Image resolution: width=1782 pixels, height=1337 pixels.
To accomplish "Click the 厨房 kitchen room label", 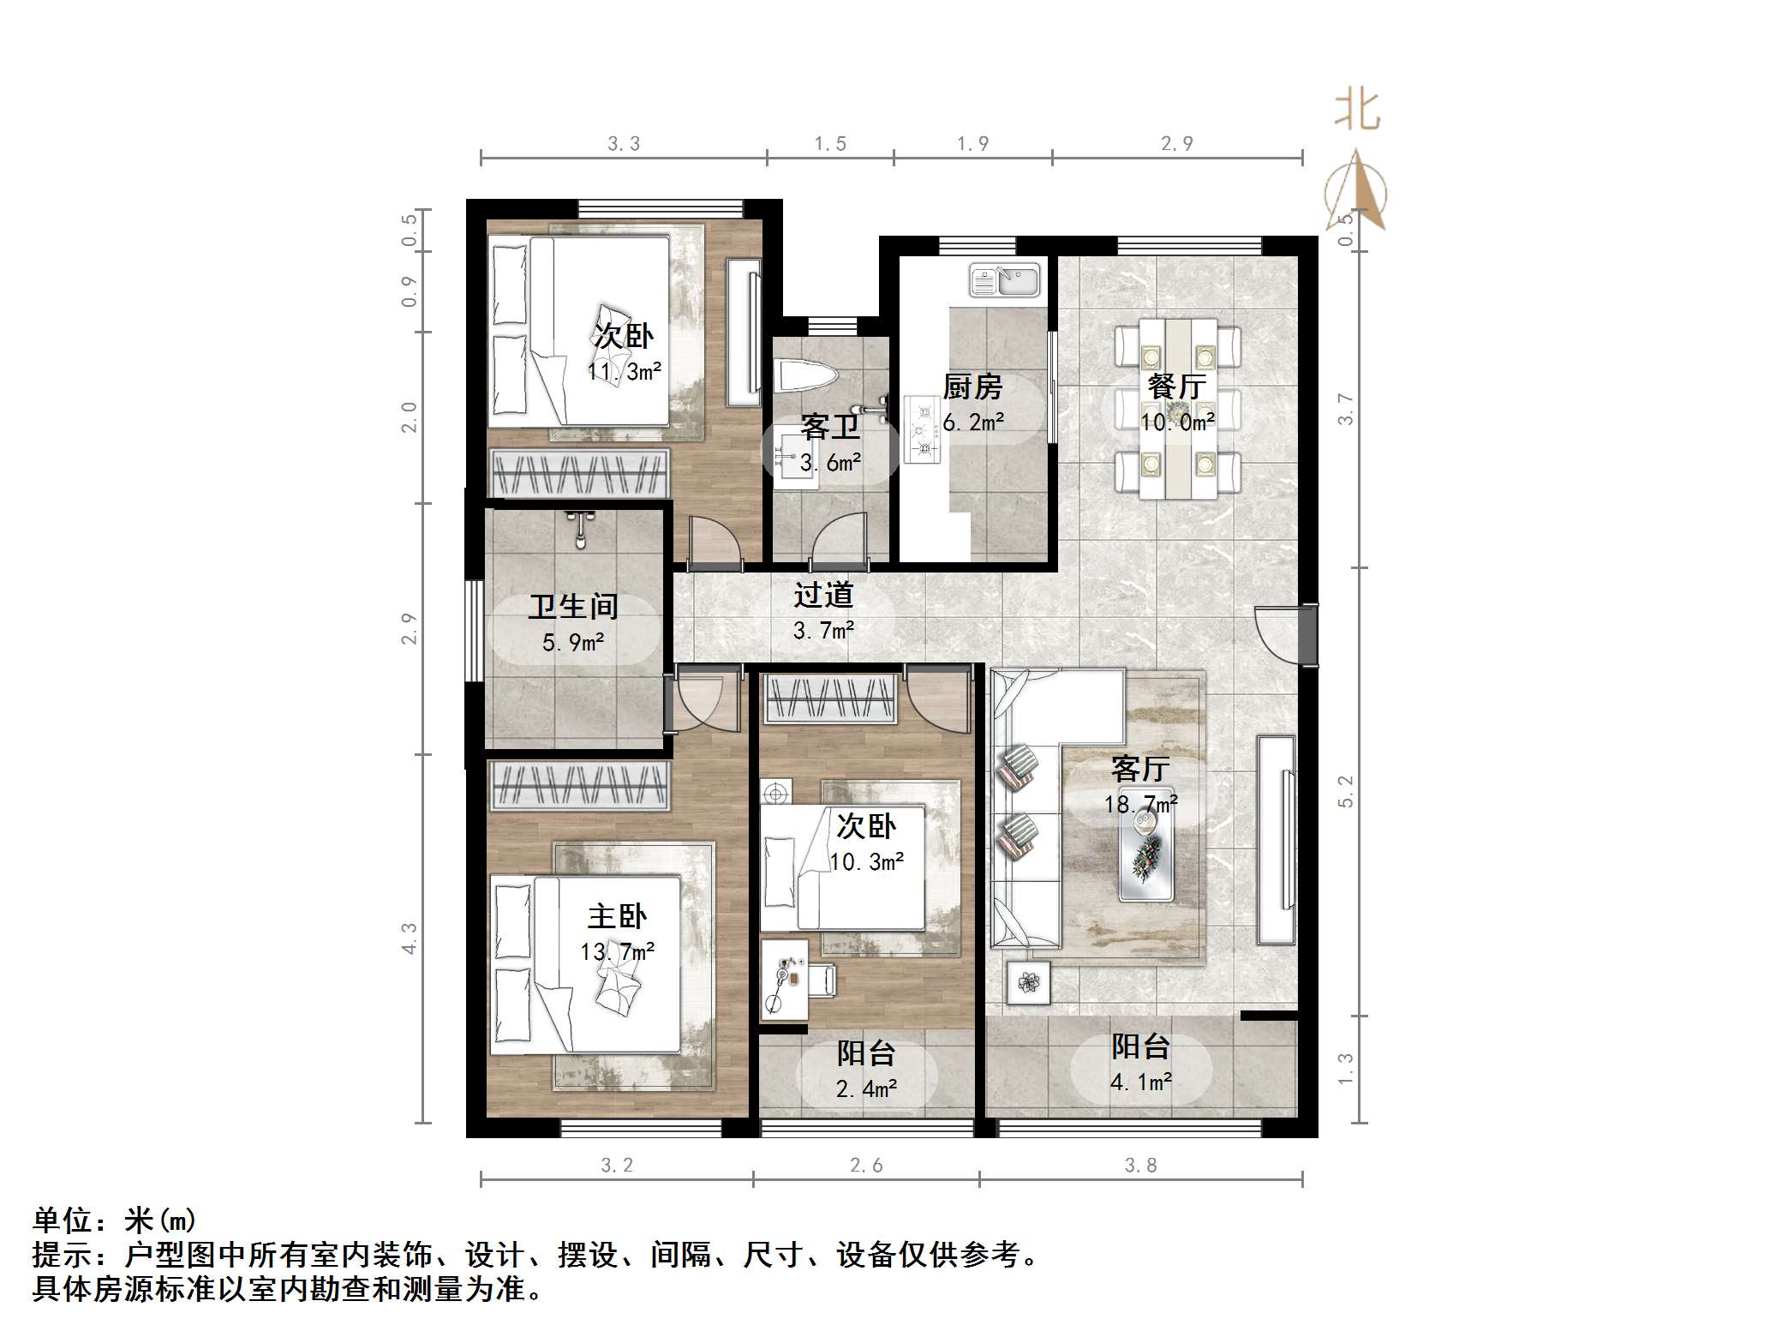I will (x=972, y=387).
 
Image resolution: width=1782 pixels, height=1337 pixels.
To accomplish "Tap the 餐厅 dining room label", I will (x=1177, y=387).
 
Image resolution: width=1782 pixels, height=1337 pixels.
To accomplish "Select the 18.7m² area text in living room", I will (x=1140, y=804).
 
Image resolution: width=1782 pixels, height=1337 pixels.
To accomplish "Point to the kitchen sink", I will (x=1004, y=279).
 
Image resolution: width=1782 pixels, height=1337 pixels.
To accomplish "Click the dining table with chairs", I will (x=1177, y=410).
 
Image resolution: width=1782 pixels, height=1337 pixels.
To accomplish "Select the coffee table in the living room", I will (x=1146, y=854).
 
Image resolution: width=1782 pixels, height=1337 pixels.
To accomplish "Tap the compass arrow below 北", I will (x=1356, y=190).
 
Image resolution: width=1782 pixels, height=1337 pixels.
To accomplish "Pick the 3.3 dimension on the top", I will (x=624, y=144).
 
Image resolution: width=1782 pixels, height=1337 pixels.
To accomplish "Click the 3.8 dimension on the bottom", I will (x=1140, y=1165).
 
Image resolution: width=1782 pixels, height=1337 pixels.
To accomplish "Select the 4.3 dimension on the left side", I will (x=410, y=938).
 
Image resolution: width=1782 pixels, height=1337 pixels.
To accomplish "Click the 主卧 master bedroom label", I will (x=617, y=917).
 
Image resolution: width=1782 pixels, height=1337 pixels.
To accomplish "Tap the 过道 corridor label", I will (x=823, y=595).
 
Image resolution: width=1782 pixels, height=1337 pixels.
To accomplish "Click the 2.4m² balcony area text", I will (x=866, y=1089).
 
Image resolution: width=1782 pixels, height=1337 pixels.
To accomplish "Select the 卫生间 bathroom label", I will (x=573, y=607).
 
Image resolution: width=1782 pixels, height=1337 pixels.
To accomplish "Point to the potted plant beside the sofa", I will (x=1028, y=982).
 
